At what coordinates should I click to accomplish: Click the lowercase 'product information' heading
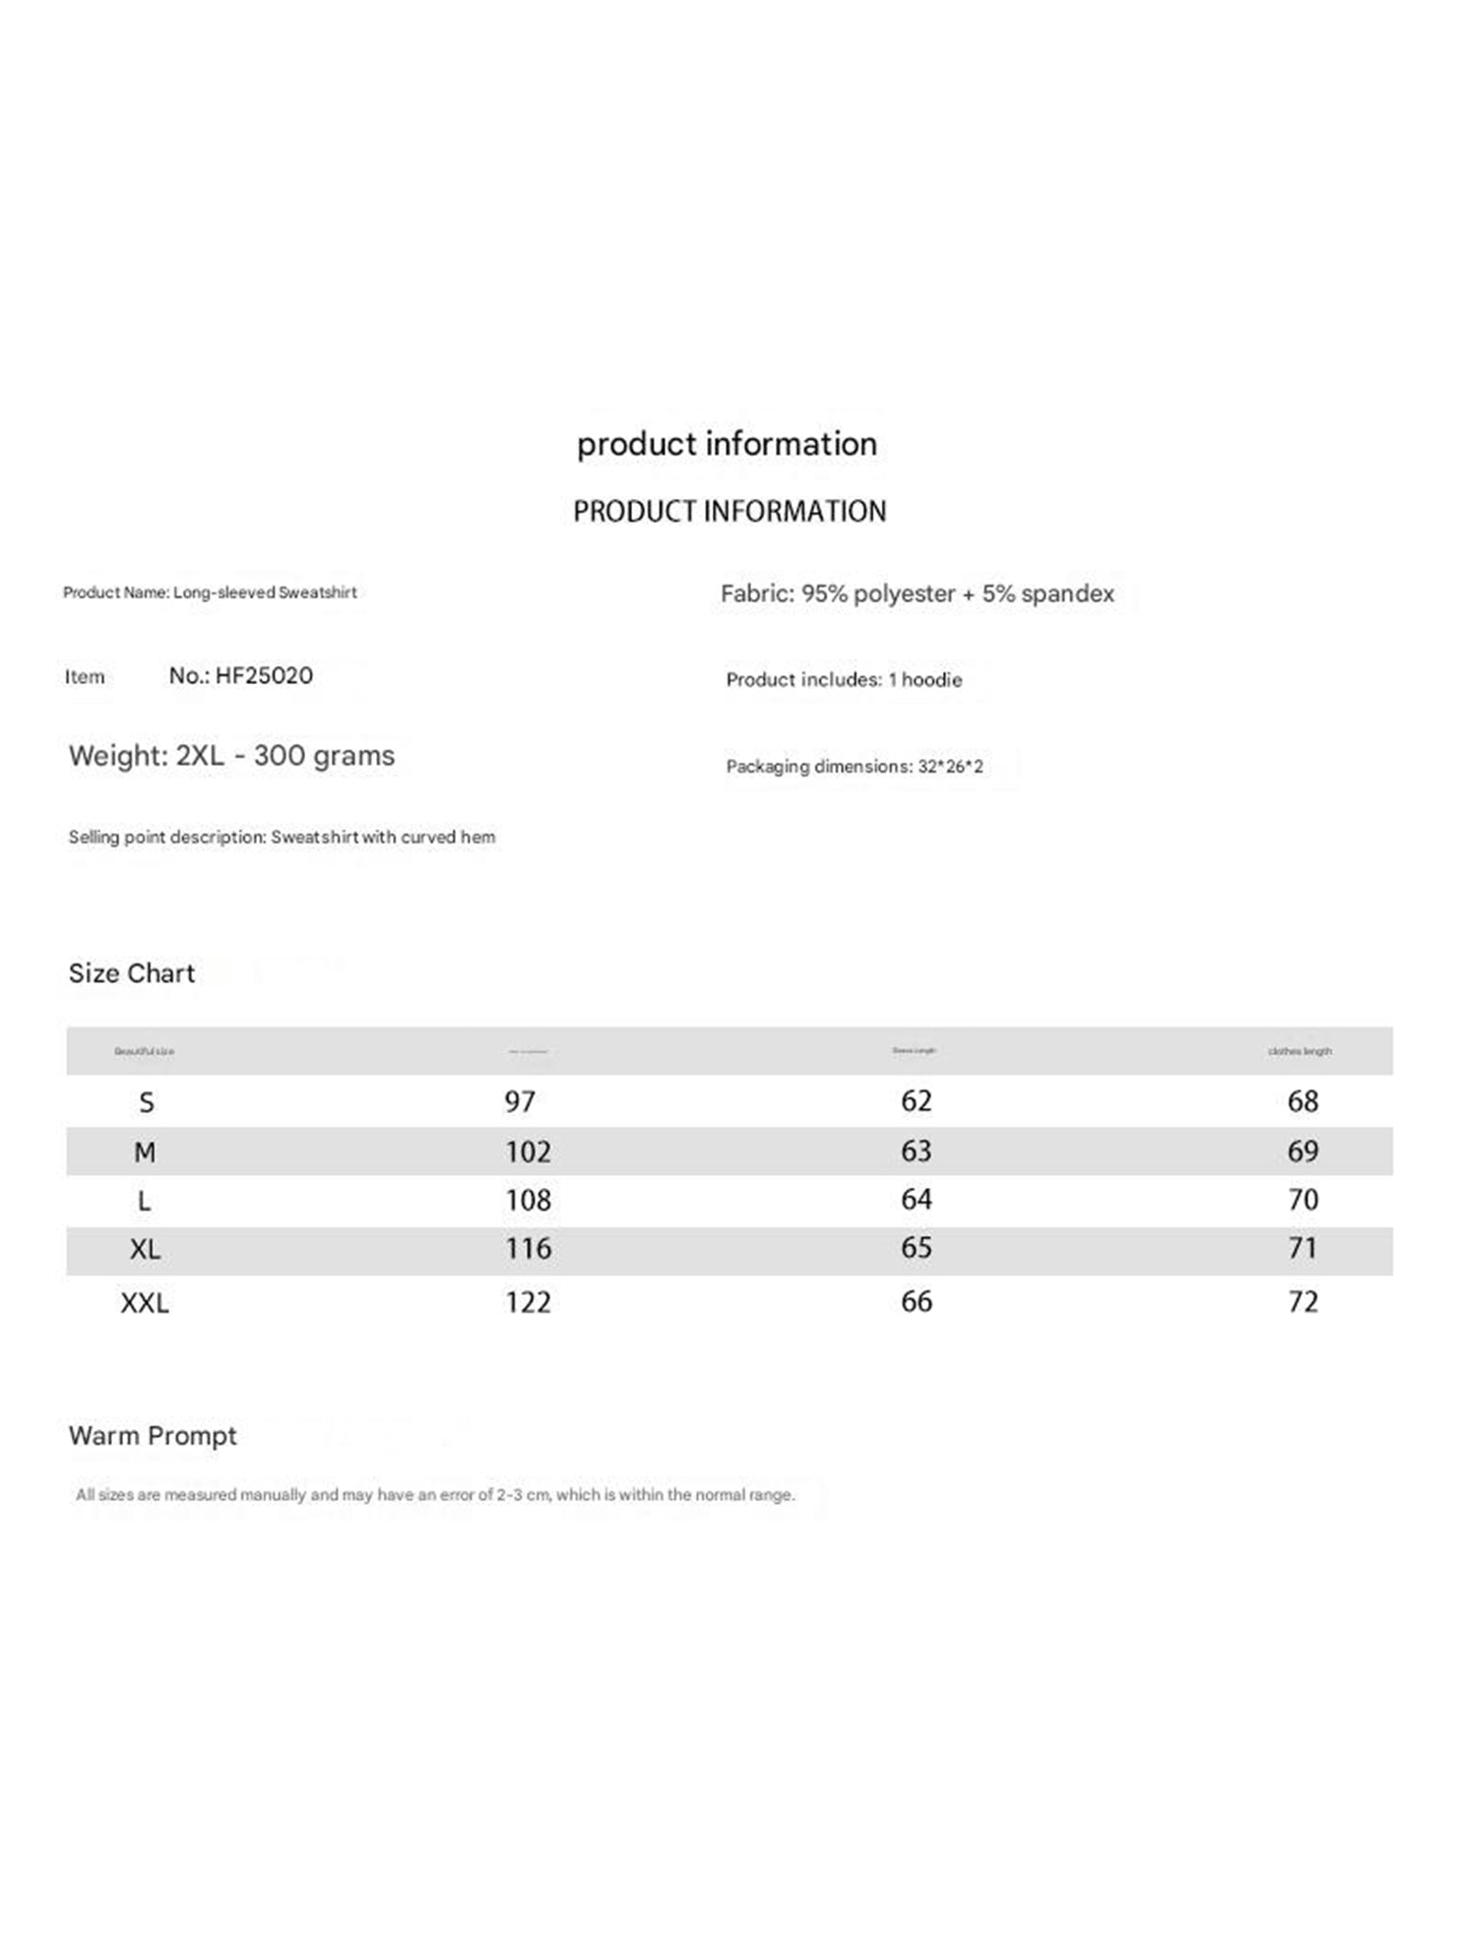tap(727, 444)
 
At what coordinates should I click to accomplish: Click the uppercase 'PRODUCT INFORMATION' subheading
tap(729, 512)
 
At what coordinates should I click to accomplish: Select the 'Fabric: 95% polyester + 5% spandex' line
tap(917, 593)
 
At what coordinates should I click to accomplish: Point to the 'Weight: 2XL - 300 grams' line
tap(231, 756)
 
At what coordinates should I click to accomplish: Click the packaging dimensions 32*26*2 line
tap(854, 767)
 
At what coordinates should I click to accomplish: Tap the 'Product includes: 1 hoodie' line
tap(844, 680)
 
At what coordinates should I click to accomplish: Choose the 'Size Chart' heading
tap(132, 973)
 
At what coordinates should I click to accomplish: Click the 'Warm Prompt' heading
tap(153, 1436)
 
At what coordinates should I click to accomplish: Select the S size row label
tap(146, 1102)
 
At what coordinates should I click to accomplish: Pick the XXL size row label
tap(145, 1303)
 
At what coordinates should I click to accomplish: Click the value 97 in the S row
tap(520, 1101)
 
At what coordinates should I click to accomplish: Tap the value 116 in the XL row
tap(528, 1249)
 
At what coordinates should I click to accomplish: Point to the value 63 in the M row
tap(916, 1151)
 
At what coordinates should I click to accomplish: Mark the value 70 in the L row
tap(1302, 1200)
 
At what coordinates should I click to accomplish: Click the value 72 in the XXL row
tap(1302, 1302)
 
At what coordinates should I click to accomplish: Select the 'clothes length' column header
tap(1300, 1051)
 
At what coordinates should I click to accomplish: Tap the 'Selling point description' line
tap(282, 838)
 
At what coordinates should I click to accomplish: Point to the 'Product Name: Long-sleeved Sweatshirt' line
tap(210, 593)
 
